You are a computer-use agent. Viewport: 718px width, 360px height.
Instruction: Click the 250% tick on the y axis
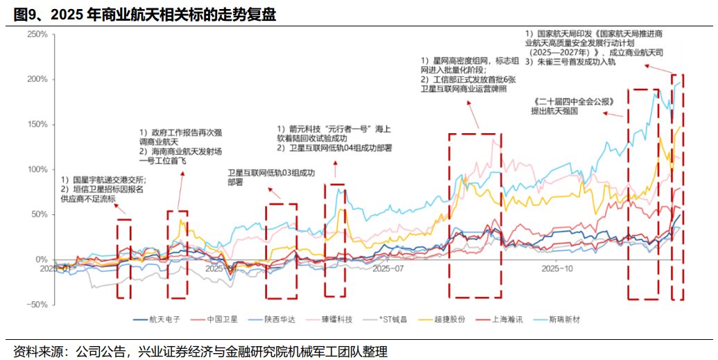pos(36,35)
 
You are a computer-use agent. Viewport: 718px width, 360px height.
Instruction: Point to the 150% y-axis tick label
pos(36,125)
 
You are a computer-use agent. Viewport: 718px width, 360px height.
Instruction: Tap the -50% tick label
pos(36,305)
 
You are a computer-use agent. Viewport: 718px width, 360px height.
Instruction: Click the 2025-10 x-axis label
pos(557,267)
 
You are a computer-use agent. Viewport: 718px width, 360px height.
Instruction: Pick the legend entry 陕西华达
pos(280,319)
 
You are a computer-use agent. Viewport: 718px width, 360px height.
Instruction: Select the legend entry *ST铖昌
pos(393,319)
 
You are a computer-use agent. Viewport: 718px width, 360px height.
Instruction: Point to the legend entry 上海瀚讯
pos(511,319)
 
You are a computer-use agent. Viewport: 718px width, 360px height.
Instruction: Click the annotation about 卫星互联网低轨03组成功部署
pos(271,178)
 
